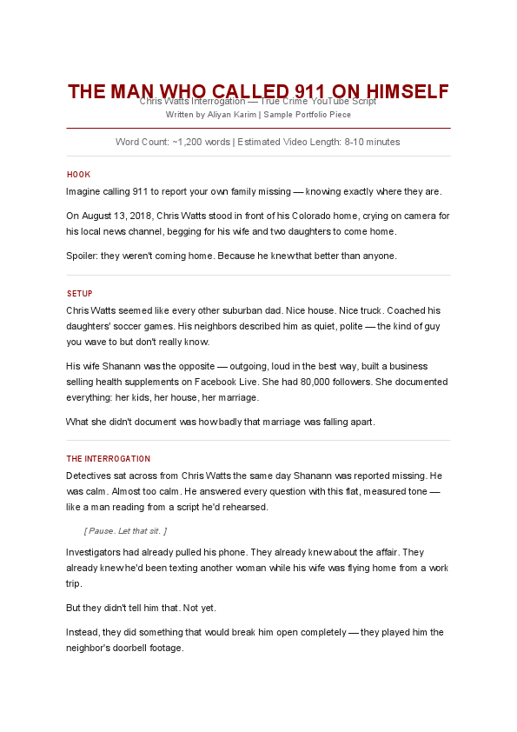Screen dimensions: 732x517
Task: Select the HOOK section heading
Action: point(78,175)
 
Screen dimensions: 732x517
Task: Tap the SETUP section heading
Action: point(79,294)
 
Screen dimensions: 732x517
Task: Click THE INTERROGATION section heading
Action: point(108,459)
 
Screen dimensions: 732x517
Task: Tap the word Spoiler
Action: point(82,256)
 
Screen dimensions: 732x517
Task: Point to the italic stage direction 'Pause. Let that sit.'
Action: point(125,530)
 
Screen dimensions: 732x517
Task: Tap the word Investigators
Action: point(94,552)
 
